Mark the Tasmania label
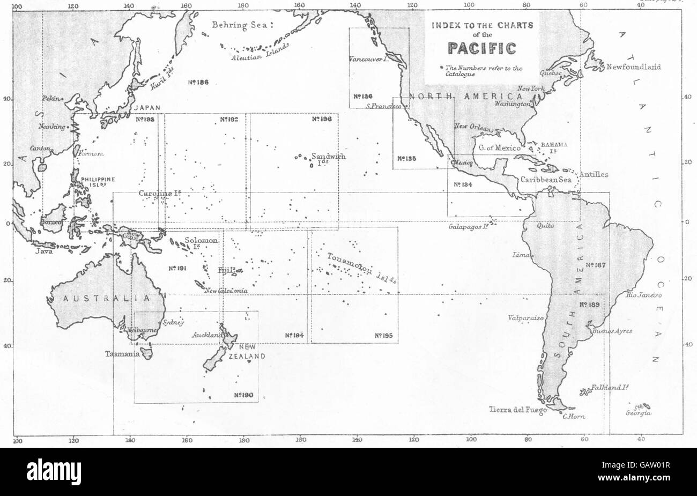pyautogui.click(x=122, y=354)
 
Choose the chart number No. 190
pyautogui.click(x=243, y=395)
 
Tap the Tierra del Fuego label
pyautogui.click(x=517, y=411)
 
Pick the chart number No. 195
pyautogui.click(x=384, y=336)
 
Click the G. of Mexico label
pyautogui.click(x=499, y=148)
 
